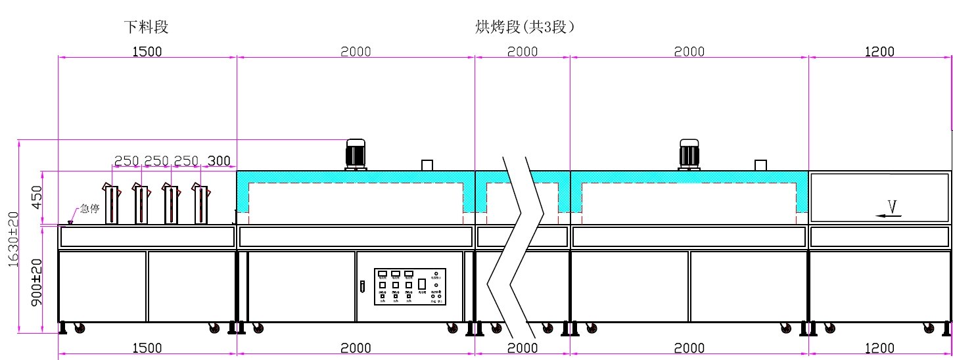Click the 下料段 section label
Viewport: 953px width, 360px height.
147,27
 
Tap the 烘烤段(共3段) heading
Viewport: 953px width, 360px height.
525,27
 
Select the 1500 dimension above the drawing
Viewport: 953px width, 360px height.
147,52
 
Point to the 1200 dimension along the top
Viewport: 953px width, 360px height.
879,52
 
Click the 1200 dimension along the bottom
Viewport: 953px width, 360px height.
879,348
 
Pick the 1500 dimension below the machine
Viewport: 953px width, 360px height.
147,348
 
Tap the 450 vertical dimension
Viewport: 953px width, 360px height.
37,198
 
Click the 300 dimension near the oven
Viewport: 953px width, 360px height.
219,161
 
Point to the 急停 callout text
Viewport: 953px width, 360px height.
89,210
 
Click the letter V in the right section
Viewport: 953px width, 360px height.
892,206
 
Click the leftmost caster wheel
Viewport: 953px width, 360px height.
80,328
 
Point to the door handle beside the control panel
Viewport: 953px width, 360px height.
361,286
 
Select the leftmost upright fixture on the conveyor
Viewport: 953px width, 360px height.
112,204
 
